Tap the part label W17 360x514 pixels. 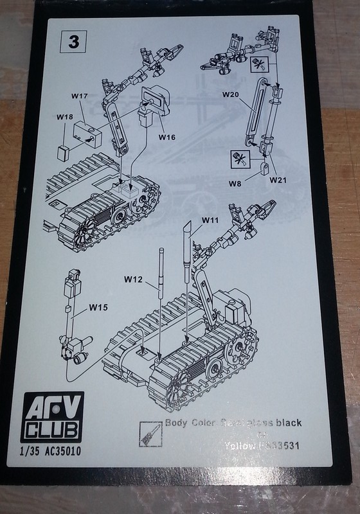click(x=79, y=96)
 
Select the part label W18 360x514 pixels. click(x=64, y=118)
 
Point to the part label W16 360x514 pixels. click(x=166, y=136)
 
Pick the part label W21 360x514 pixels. click(x=278, y=179)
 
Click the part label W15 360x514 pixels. click(x=98, y=307)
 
